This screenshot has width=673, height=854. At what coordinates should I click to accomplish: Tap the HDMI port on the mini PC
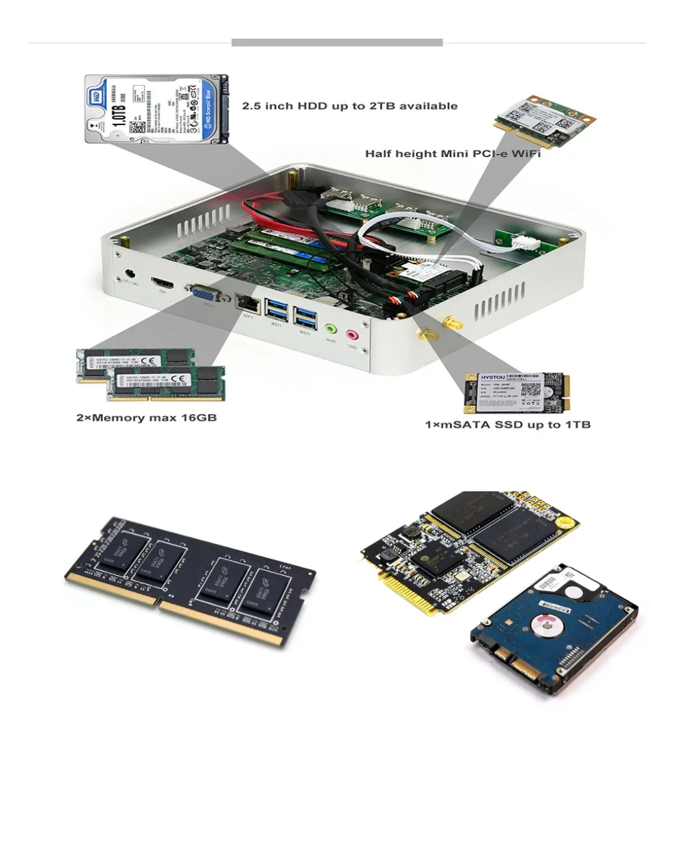click(165, 281)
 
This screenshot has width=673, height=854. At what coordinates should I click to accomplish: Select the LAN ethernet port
click(248, 302)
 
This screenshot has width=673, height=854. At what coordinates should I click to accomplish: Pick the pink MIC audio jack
click(351, 335)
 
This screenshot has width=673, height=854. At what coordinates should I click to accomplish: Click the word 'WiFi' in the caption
click(522, 153)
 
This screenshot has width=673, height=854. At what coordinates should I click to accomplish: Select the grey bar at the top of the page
click(336, 43)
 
